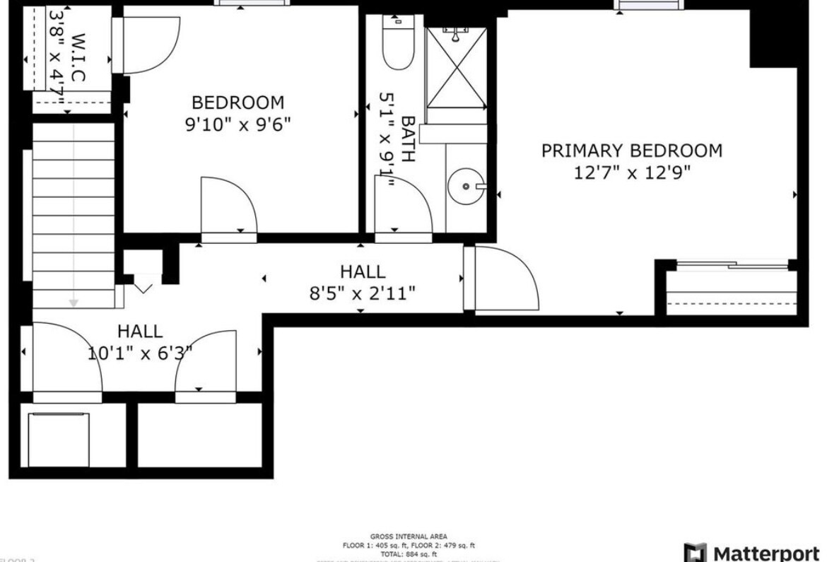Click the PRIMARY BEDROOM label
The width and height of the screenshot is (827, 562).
pos(632,151)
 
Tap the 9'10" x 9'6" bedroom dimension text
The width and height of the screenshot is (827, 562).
pos(237,124)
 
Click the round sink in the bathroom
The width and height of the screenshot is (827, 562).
pos(467,186)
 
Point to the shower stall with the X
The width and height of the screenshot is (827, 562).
pos(457,68)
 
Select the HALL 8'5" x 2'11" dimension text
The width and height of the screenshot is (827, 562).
pos(362,293)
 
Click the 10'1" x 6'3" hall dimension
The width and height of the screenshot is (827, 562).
pos(140,352)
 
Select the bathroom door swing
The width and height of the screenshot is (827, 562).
pos(403,206)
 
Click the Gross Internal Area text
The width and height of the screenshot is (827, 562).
pos(409,537)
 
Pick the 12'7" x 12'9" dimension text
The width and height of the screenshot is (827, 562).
pos(632,172)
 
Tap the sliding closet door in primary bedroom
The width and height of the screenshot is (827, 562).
pos(732,267)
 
